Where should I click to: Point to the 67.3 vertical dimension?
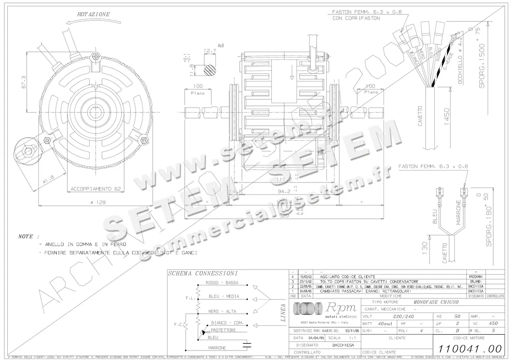(x=24, y=83)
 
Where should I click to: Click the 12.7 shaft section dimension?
(x=209, y=51)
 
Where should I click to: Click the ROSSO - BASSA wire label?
(x=222, y=283)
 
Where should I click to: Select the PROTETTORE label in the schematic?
(x=223, y=330)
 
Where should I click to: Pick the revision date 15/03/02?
(x=305, y=276)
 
